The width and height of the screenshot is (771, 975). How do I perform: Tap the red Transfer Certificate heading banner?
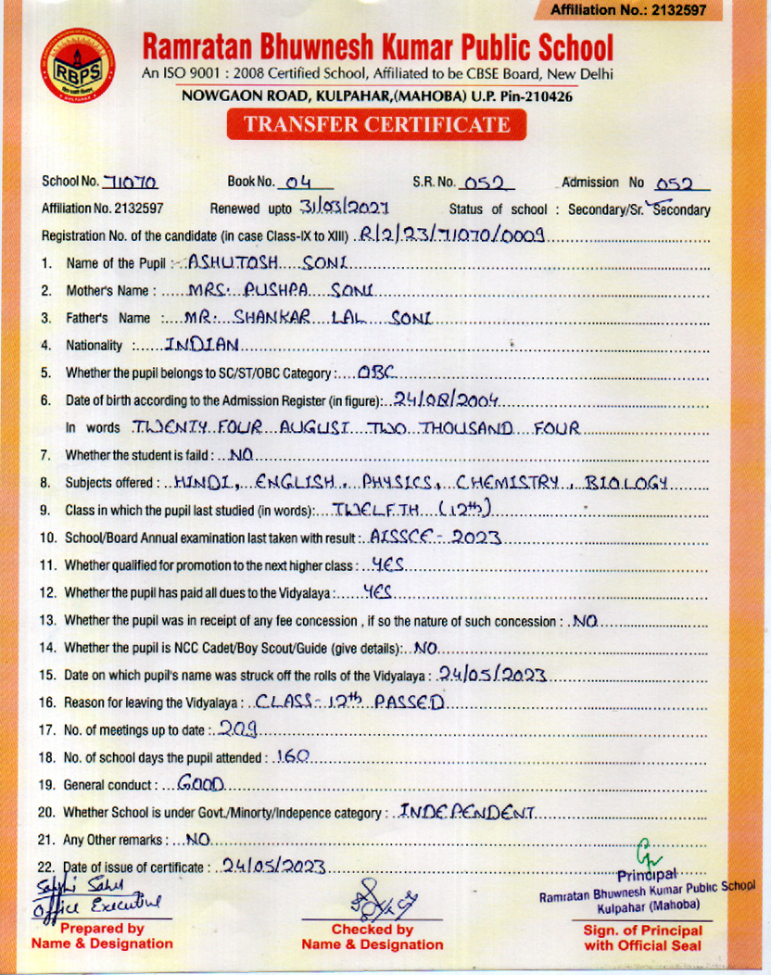click(376, 125)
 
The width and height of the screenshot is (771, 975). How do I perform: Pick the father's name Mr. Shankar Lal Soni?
click(308, 318)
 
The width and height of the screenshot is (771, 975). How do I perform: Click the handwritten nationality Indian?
click(202, 345)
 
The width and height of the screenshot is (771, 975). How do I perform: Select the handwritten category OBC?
click(376, 373)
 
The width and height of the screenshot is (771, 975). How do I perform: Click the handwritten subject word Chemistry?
click(509, 482)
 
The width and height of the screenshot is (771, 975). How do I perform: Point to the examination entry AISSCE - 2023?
click(422, 537)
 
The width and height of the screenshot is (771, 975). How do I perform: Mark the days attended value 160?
click(293, 756)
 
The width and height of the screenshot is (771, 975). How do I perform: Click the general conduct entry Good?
click(201, 784)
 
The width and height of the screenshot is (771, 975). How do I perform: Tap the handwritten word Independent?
click(466, 812)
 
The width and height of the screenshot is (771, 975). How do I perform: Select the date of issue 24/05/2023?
click(270, 867)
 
